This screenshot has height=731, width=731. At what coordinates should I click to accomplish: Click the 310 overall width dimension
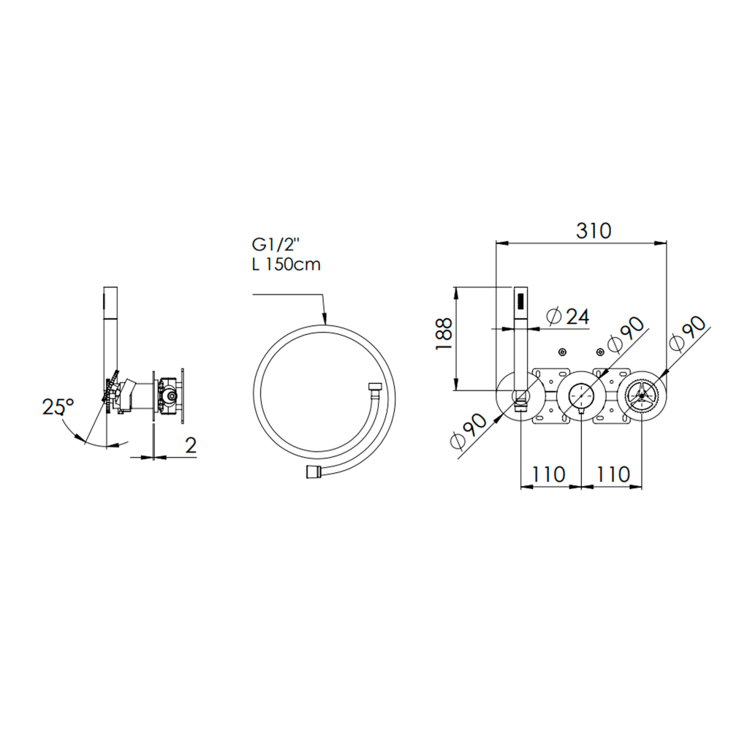[x=593, y=231]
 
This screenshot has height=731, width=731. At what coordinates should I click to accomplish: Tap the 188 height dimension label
[x=444, y=334]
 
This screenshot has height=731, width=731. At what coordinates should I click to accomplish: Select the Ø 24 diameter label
[x=568, y=317]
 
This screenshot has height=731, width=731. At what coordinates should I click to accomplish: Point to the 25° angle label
[x=58, y=406]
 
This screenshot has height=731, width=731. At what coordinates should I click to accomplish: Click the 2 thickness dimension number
[x=191, y=445]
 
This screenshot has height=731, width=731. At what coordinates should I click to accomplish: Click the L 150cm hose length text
[x=287, y=265]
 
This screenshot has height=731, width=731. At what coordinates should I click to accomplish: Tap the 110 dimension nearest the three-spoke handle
[x=613, y=474]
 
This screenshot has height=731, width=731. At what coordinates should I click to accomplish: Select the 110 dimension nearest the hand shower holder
[x=549, y=474]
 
